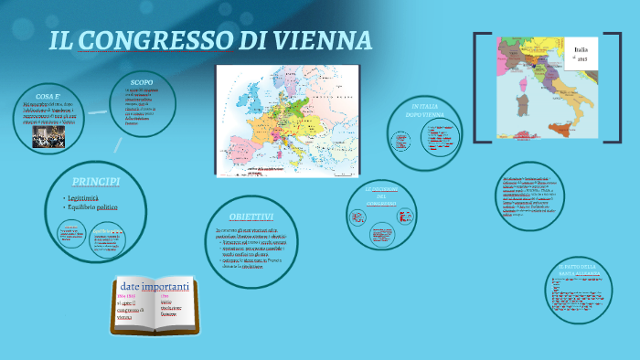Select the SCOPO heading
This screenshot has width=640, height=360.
(x=142, y=82)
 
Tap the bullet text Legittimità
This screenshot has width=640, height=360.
(x=88, y=197)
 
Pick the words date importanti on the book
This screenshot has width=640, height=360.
(x=154, y=287)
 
